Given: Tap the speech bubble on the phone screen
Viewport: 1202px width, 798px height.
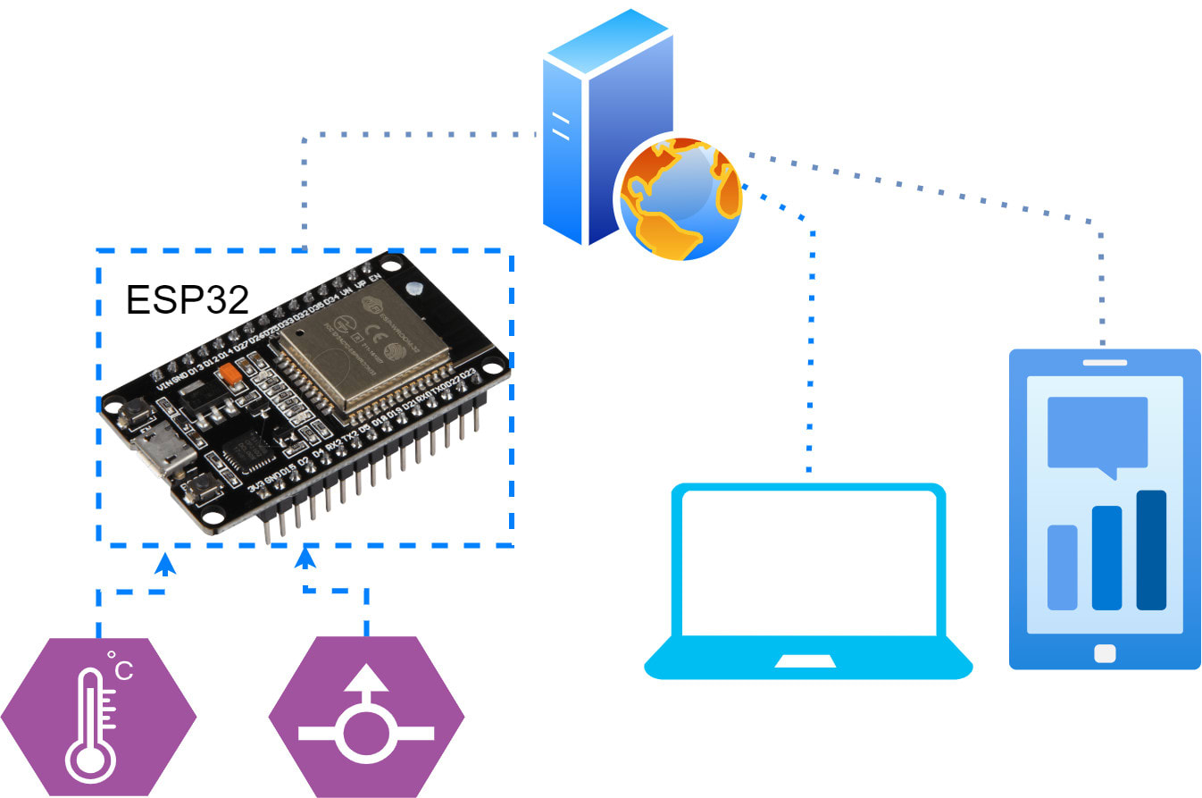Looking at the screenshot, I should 1098,433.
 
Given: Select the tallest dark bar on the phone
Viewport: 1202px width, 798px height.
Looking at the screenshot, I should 1151,550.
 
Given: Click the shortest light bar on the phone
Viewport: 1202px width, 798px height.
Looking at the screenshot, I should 1062,567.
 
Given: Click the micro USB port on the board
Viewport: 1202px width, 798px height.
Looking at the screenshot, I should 161,451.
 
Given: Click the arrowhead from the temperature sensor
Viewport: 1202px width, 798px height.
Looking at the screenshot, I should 164,564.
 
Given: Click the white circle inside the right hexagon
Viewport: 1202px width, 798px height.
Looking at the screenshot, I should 366,733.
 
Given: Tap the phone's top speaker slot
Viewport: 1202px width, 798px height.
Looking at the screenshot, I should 1105,362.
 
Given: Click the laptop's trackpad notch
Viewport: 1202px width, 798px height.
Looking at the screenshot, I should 806,661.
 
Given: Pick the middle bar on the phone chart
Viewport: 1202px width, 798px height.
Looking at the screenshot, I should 1106,558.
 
